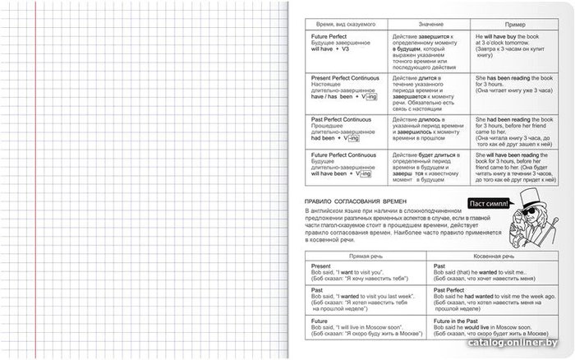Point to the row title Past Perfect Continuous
336,120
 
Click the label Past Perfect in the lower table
451,290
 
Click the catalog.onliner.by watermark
532,349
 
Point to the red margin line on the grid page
36,181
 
